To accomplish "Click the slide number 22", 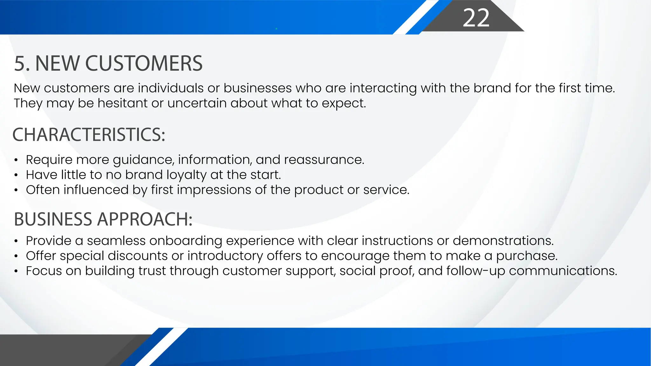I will tap(476, 18).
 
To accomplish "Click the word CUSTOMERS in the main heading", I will tap(144, 63).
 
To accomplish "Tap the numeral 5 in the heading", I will tap(20, 63).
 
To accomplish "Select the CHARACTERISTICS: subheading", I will tap(89, 134).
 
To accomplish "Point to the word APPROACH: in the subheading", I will tap(145, 219).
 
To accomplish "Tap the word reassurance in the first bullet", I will tap(324, 160).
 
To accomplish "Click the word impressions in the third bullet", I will tap(214, 190).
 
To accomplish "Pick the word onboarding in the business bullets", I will tap(186, 241).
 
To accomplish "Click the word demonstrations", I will tap(503, 241).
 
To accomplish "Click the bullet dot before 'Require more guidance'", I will tap(16, 160).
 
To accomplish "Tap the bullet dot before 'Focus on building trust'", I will tap(16, 271).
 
